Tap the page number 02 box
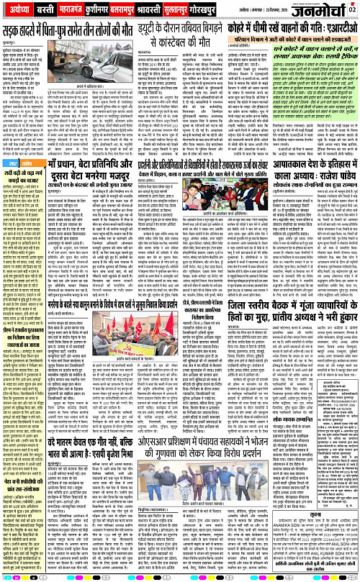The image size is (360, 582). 353,9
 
